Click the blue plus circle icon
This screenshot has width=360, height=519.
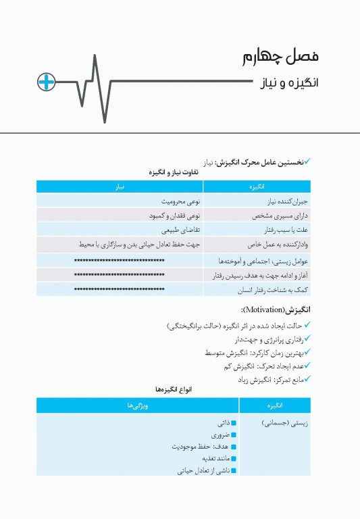[45, 82]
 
